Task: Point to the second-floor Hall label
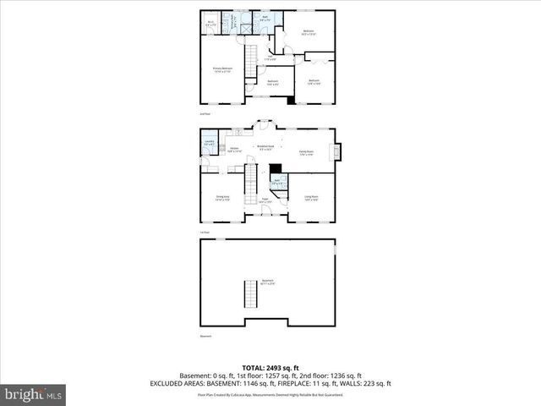tap(270, 59)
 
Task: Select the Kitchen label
tap(234, 150)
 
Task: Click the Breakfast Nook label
tap(265, 148)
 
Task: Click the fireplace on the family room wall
tap(336, 152)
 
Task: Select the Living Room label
tap(311, 198)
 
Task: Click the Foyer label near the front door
tap(265, 200)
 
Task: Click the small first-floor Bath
tap(277, 180)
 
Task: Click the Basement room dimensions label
tap(268, 282)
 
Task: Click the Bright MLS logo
tap(34, 394)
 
